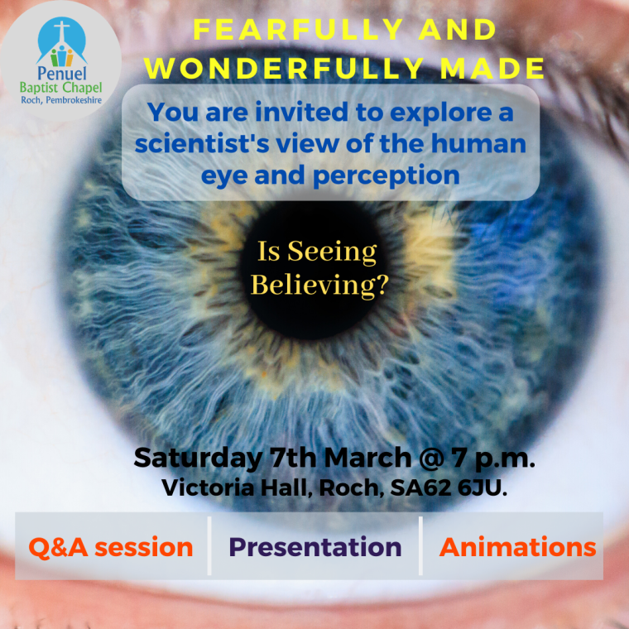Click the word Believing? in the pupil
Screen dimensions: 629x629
[319, 285]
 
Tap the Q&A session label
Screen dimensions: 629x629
[110, 547]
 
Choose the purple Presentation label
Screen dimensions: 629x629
[314, 547]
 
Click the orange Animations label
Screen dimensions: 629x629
[517, 547]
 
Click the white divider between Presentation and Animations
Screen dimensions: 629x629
[420, 546]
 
